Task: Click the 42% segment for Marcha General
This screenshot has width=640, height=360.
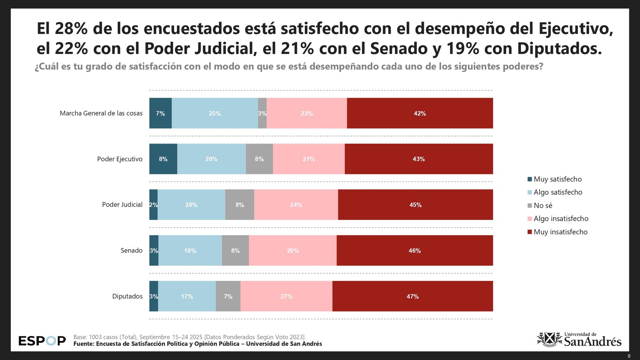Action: click(420, 113)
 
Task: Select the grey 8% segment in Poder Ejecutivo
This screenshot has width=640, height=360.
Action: click(259, 159)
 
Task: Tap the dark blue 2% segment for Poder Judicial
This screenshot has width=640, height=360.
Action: click(153, 205)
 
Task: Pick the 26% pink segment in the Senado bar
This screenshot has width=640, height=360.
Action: click(292, 250)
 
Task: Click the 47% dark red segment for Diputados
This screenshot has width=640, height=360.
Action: click(412, 296)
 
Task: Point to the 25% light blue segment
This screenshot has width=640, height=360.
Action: click(215, 113)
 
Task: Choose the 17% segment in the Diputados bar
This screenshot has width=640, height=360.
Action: click(187, 296)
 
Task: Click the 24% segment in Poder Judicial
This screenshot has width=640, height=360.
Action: click(296, 205)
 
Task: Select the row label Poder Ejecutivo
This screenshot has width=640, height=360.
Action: click(120, 159)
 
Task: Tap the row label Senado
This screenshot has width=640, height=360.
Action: click(131, 250)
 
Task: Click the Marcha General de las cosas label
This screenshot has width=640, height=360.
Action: click(101, 113)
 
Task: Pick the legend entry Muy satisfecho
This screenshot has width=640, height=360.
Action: click(557, 179)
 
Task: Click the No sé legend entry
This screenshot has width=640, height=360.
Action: click(543, 206)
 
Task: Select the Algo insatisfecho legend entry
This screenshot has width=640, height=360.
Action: click(561, 219)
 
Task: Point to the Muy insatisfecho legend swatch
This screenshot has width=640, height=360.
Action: click(530, 232)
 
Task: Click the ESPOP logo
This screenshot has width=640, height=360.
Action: click(42, 341)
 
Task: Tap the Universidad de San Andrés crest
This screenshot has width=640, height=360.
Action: click(549, 340)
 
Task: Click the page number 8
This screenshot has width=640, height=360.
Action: click(629, 356)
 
